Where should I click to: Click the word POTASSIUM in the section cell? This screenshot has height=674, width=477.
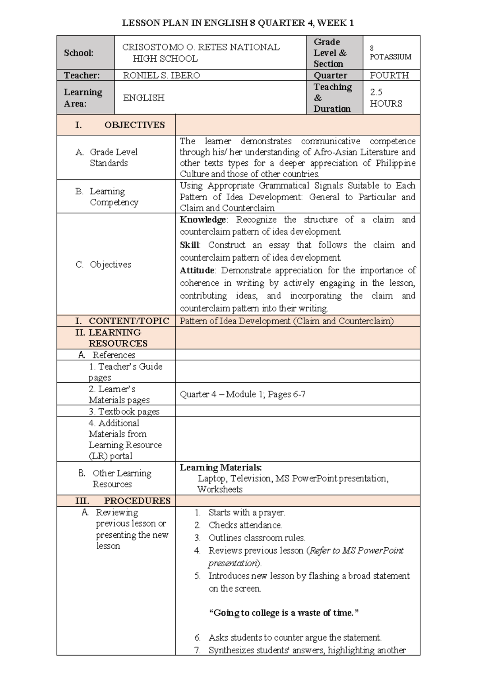[x=390, y=57]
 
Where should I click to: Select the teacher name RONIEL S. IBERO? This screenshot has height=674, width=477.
[x=161, y=76]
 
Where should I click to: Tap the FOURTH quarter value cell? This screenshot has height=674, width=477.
[x=389, y=76]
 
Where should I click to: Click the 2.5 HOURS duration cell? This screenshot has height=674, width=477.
[x=386, y=98]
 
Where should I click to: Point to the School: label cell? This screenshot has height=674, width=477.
[x=79, y=53]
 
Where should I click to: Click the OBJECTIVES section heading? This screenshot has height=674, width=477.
[x=134, y=125]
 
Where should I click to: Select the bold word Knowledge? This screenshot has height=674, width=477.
[x=203, y=220]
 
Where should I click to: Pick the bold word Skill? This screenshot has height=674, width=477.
[x=190, y=245]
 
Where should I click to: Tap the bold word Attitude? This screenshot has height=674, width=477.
[x=197, y=271]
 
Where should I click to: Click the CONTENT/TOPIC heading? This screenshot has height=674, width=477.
[x=129, y=321]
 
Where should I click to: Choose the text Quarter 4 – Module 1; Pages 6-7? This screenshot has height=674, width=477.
[x=242, y=394]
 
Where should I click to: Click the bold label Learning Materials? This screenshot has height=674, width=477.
[x=221, y=468]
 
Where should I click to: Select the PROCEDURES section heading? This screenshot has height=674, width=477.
[x=137, y=501]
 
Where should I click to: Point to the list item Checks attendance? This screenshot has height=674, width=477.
[x=245, y=525]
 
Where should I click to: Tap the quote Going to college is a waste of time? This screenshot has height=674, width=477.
[x=284, y=613]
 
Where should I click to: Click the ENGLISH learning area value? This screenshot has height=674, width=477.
[x=143, y=98]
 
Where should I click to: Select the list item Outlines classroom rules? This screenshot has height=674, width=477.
[x=257, y=538]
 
